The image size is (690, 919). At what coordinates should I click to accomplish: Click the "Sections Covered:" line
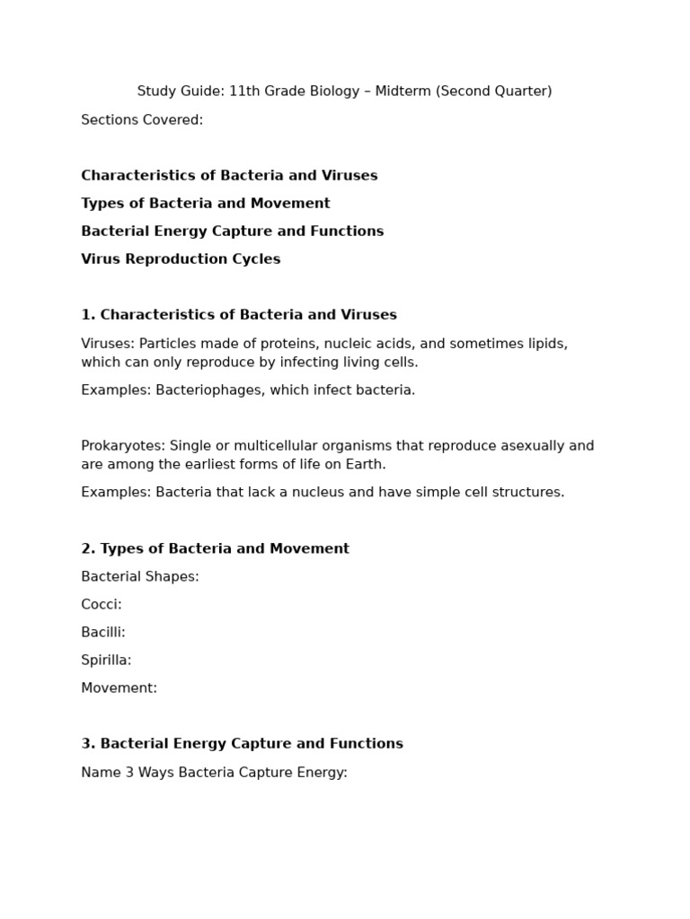[142, 120]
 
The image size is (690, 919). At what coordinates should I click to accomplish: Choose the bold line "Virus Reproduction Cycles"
[181, 259]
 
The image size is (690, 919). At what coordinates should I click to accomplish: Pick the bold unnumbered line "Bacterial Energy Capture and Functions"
[232, 232]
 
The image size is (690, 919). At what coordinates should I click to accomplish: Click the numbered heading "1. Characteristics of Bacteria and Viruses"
[239, 315]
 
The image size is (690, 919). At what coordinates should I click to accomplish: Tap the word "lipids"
[545, 344]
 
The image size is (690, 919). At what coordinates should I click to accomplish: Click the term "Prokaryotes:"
[123, 446]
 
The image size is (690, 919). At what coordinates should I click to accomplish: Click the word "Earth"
[366, 465]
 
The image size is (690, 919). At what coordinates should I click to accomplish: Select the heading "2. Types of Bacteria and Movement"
[215, 548]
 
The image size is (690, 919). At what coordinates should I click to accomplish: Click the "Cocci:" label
[102, 605]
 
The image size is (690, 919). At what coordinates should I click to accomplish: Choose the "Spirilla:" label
[106, 661]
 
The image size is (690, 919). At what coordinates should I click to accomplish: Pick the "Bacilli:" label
[103, 633]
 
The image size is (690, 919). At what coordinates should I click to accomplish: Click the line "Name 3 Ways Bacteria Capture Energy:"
[214, 773]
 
